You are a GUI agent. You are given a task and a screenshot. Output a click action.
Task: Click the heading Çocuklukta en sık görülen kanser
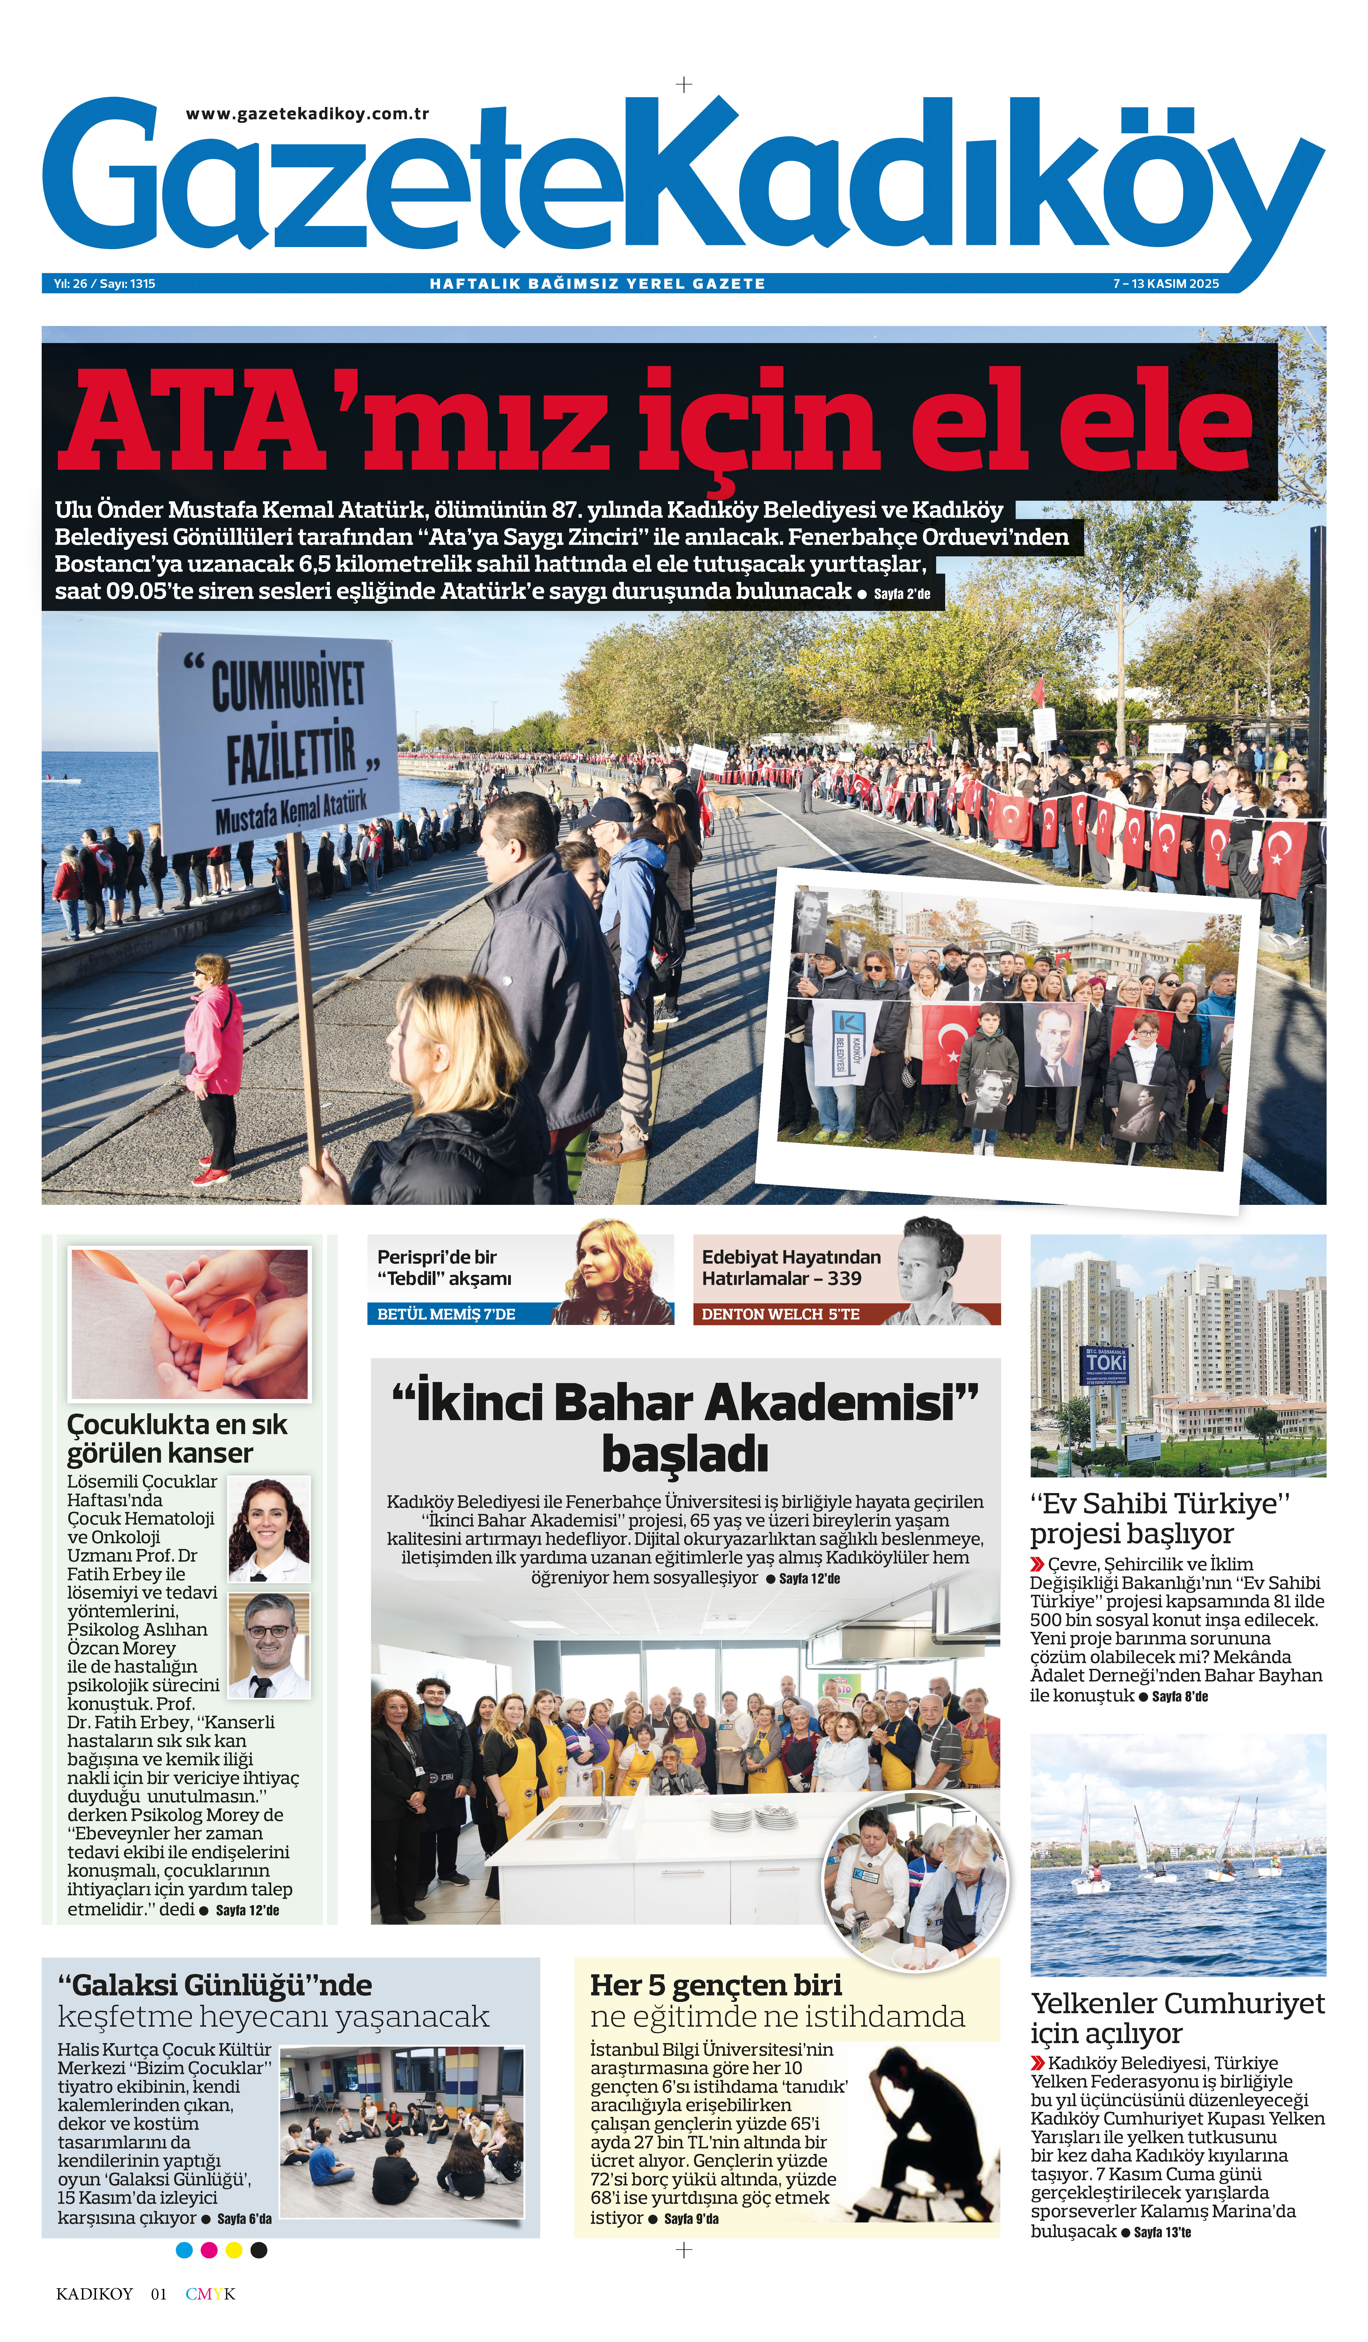click(x=177, y=1438)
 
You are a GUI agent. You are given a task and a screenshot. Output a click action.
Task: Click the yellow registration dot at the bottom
click(x=234, y=2250)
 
